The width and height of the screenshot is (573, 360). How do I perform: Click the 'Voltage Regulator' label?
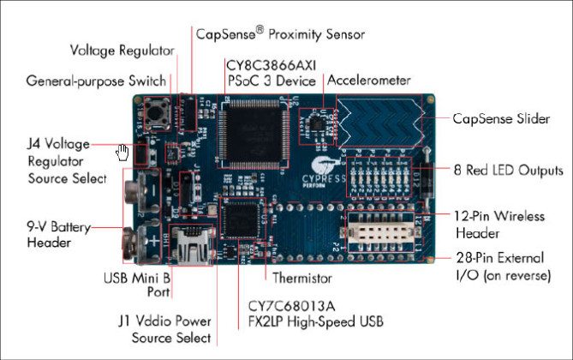[122, 50]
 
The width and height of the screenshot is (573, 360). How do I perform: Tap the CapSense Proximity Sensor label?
[280, 34]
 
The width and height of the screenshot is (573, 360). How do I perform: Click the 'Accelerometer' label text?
[368, 81]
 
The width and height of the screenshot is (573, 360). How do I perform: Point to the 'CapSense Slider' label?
[501, 119]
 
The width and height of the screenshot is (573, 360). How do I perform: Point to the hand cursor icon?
[123, 153]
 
